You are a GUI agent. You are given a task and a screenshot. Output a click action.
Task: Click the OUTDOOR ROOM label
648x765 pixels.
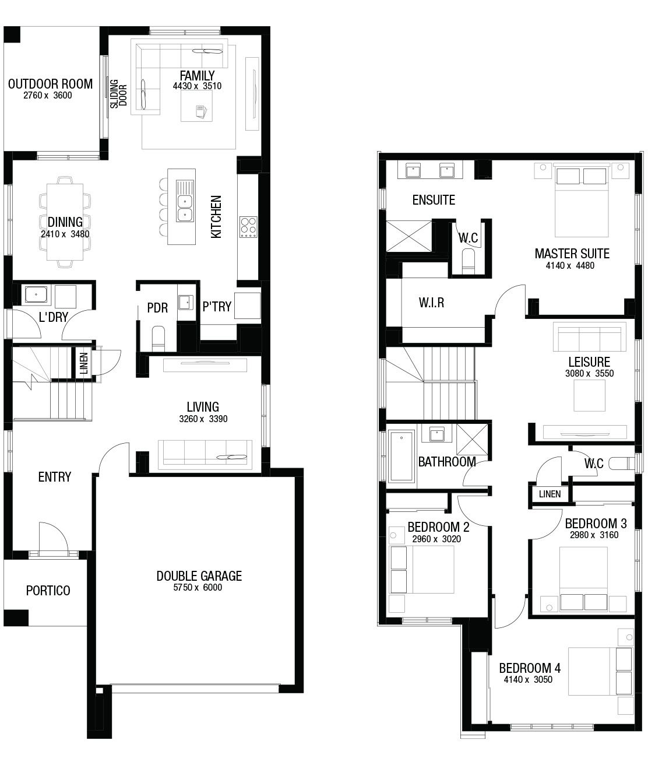50,84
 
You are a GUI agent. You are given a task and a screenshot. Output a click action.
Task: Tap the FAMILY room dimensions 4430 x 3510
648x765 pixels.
197,86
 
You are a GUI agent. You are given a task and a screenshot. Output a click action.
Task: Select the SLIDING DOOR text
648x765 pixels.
118,94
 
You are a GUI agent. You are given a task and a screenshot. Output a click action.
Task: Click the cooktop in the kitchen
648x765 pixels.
248,227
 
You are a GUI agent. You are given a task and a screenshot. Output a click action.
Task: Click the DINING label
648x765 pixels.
65,222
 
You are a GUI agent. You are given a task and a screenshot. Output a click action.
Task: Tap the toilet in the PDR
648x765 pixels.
159,339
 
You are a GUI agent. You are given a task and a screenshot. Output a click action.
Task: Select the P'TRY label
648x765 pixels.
217,307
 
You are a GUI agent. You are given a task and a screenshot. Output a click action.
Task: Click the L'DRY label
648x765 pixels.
54,317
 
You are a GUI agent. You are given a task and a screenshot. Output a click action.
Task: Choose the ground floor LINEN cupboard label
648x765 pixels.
84,363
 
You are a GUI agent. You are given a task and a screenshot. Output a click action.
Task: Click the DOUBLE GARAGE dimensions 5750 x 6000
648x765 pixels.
198,587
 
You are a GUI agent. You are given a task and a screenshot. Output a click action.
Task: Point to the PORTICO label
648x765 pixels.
48,590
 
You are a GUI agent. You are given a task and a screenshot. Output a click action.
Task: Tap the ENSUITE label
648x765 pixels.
434,200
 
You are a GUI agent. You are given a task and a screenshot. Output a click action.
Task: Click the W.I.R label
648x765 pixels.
431,303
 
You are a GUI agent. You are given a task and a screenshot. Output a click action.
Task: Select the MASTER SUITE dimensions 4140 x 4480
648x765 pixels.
570,265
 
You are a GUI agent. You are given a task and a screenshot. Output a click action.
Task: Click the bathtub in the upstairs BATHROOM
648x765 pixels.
402,456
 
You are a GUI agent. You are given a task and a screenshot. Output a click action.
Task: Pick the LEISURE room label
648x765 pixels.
589,362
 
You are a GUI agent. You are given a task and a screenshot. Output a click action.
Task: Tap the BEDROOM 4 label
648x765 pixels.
530,668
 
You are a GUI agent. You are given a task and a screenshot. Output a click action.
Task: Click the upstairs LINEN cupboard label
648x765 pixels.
550,494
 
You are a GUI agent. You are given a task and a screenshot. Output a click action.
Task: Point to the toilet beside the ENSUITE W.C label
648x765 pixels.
469,261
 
